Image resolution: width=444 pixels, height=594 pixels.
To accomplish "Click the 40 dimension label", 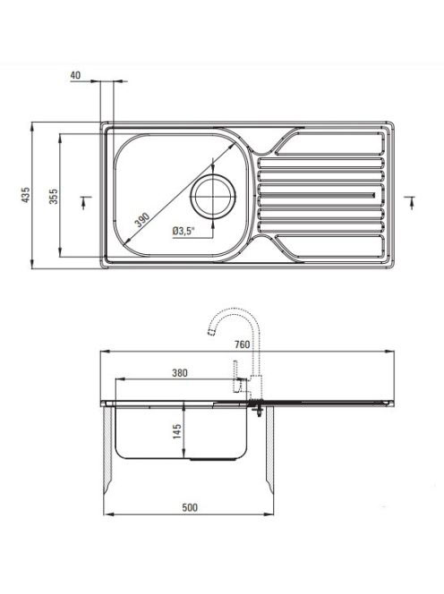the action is pos(75,75).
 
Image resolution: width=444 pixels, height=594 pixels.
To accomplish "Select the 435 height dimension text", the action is pos(25,195).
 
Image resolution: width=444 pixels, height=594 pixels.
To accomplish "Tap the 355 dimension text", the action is pos(54,196).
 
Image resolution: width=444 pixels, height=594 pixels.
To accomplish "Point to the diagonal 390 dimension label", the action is pos(142,220).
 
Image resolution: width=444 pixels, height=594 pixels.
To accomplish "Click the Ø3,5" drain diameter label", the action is pos(184,231).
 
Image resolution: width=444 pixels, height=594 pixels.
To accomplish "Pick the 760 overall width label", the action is pos(242,344).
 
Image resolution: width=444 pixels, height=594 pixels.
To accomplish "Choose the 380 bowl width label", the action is pos(180,373).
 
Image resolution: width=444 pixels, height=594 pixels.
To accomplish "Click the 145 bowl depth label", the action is pos(177,431).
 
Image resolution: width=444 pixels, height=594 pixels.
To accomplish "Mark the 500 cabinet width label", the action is pos(190,507).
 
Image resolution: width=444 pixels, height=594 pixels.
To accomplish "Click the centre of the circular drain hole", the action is pos(213,196).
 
